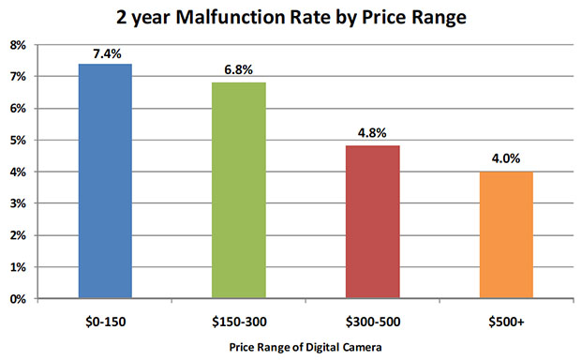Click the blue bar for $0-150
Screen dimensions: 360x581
(x=105, y=181)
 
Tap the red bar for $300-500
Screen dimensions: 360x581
(x=373, y=222)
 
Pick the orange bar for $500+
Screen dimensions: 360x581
(x=506, y=235)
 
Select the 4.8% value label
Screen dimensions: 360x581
(x=373, y=135)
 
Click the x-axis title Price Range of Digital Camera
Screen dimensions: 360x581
(x=305, y=347)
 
